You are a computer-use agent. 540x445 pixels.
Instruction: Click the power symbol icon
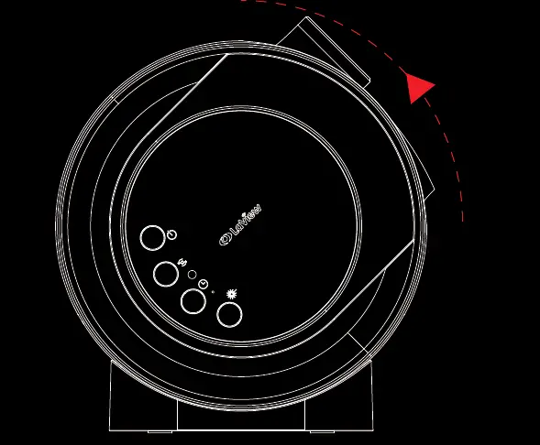[x=171, y=235]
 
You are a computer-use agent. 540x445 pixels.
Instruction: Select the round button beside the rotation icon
[x=166, y=273]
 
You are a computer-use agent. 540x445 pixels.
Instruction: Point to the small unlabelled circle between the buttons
[x=192, y=273]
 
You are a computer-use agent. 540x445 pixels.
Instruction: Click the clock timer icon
[x=203, y=284]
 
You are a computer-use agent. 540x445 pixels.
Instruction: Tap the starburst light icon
[x=232, y=294]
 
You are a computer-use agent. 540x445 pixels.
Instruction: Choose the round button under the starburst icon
[x=228, y=314]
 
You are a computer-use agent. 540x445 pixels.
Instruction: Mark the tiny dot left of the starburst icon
[x=215, y=292]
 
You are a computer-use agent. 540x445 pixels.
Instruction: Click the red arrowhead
[x=419, y=87]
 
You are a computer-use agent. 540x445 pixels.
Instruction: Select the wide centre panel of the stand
[x=242, y=412]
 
